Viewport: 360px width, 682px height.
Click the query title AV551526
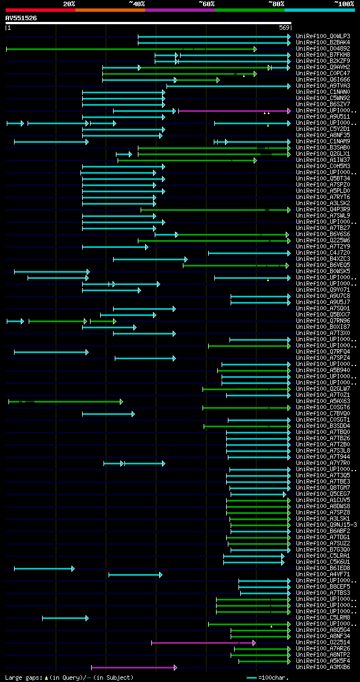[x=21, y=18]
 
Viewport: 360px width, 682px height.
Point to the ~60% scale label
[x=206, y=4]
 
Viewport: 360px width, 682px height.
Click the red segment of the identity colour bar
[x=39, y=10]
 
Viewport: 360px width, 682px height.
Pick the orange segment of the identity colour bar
[x=110, y=10]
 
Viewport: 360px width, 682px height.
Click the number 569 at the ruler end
[x=284, y=28]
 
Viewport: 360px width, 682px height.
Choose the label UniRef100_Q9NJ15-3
[x=326, y=525]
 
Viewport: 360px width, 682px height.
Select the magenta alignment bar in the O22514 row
[x=202, y=642]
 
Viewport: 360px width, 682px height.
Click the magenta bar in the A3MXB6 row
[x=133, y=667]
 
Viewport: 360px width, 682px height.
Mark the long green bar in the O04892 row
[x=129, y=49]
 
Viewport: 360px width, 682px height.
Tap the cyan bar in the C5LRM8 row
[x=65, y=617]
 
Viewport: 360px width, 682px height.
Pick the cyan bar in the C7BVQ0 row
[x=108, y=414]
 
